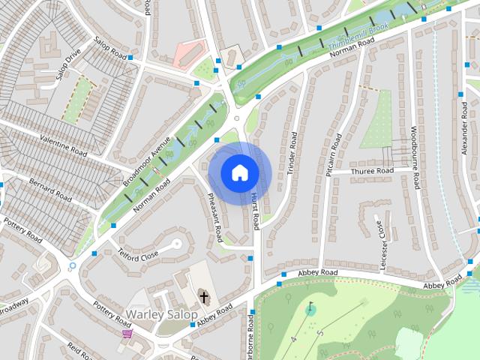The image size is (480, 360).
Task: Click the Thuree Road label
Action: click(373, 172)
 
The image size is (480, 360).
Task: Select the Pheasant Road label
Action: click(214, 216)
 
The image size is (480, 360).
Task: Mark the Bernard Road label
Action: click(50, 189)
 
